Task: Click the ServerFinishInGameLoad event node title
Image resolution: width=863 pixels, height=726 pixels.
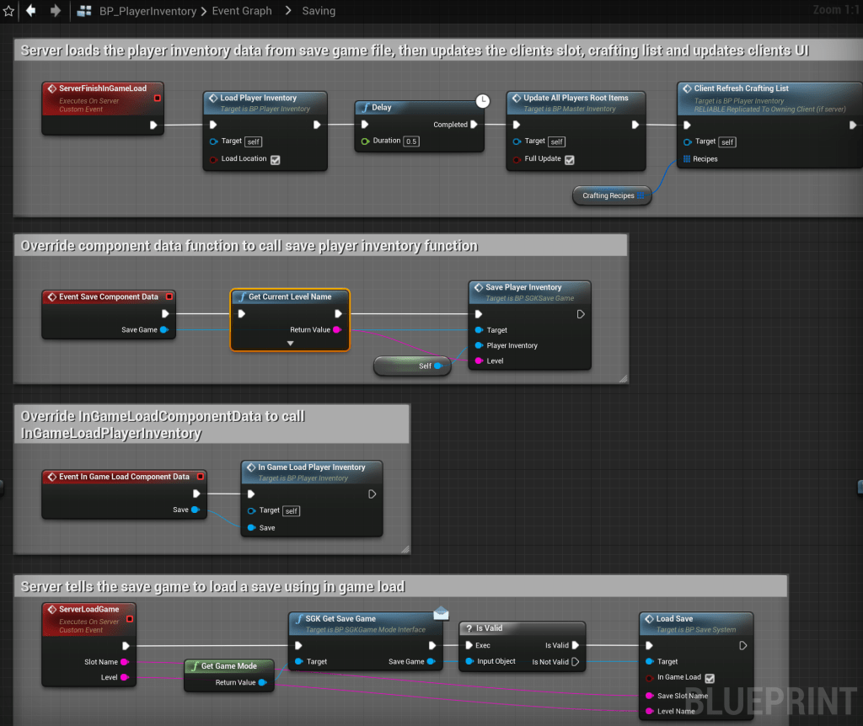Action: click(102, 88)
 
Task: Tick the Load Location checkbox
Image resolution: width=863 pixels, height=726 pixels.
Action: click(275, 159)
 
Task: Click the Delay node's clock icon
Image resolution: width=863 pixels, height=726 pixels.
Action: click(482, 101)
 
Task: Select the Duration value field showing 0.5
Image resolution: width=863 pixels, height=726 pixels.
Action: click(411, 141)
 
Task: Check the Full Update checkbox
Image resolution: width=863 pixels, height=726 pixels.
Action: click(570, 159)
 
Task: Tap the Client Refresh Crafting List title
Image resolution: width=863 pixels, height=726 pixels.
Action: click(741, 88)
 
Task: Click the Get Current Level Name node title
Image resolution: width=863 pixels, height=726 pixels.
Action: click(290, 296)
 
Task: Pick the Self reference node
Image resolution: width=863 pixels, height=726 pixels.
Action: click(425, 366)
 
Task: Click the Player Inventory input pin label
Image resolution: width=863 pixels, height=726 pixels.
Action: click(512, 345)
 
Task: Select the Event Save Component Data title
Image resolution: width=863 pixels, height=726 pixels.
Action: click(108, 296)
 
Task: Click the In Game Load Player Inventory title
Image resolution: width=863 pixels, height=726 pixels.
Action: click(311, 467)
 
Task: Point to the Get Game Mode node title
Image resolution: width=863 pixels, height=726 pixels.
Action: click(228, 666)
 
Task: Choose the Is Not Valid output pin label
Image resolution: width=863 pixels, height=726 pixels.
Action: click(549, 662)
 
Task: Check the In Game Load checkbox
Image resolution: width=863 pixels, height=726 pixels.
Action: click(709, 678)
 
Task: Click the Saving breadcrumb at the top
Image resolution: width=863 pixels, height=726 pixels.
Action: click(318, 11)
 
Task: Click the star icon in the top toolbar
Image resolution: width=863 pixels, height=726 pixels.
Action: click(9, 11)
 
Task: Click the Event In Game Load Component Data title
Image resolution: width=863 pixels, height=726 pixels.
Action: click(124, 477)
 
